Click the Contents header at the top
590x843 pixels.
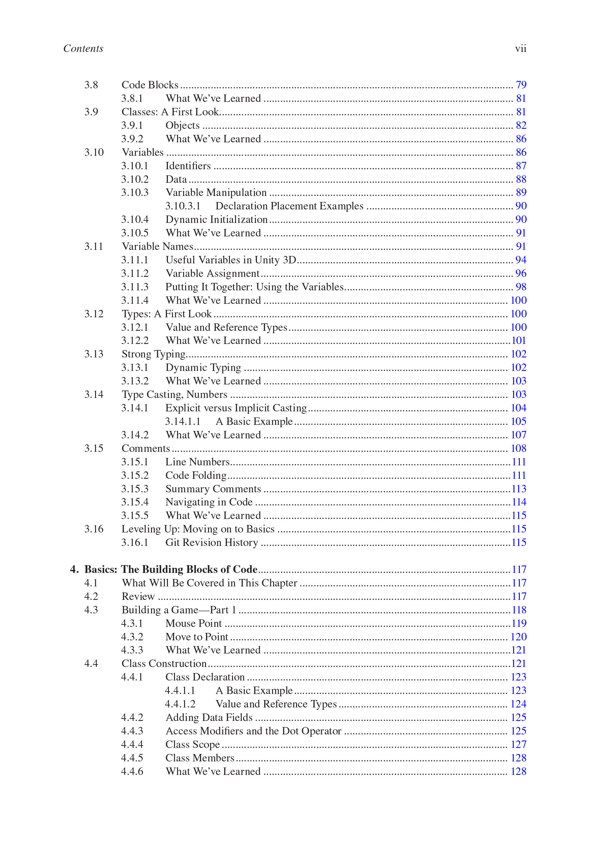[x=83, y=49]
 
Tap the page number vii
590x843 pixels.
[x=520, y=49]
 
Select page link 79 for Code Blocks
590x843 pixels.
[x=521, y=85]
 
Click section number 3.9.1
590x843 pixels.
[x=132, y=125]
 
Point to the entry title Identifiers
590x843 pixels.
[x=188, y=166]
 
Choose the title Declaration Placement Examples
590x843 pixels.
[x=289, y=206]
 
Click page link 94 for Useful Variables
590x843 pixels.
[x=521, y=260]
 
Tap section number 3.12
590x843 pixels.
[x=94, y=314]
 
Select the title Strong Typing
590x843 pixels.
[x=153, y=354]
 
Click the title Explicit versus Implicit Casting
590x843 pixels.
[x=236, y=408]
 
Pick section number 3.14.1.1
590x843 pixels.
[x=182, y=421]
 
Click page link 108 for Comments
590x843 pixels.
[x=519, y=448]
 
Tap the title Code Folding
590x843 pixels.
[x=196, y=475]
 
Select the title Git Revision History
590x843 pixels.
[x=211, y=543]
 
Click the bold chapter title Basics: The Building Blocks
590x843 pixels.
[x=171, y=570]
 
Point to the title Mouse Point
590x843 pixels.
[x=194, y=623]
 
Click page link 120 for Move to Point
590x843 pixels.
[x=519, y=637]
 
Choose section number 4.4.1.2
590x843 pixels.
[x=180, y=704]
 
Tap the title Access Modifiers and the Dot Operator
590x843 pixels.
[x=253, y=731]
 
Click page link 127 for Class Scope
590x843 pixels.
[x=519, y=745]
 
